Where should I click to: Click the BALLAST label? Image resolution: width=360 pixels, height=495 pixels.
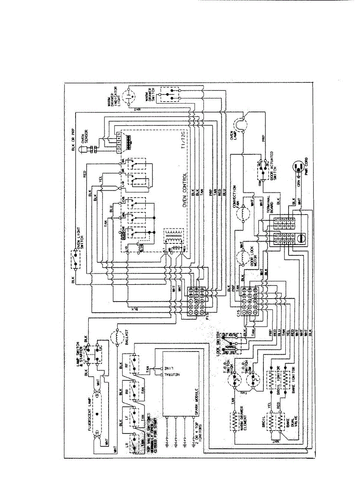125,338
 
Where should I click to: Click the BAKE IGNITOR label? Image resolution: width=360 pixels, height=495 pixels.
294,379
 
